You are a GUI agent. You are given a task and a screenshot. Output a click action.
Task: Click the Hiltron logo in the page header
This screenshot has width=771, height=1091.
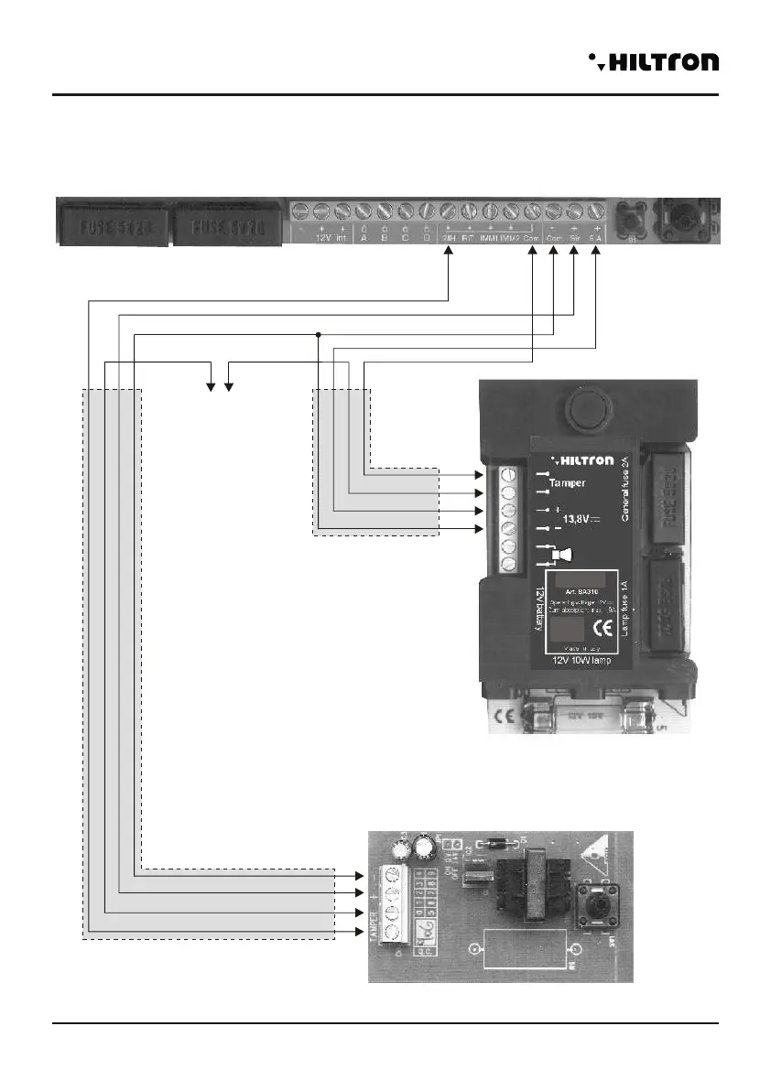[654, 61]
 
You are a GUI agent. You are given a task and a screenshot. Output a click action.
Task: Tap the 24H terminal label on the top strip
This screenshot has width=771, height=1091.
[449, 237]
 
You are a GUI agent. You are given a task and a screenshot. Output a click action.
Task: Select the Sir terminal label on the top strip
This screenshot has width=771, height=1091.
[574, 237]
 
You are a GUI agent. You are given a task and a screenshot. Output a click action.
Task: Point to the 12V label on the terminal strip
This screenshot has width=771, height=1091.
[321, 237]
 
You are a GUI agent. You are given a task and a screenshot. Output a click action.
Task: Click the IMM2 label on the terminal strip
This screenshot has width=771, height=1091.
[510, 237]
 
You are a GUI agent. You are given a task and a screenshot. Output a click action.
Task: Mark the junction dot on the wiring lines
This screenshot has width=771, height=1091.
[318, 334]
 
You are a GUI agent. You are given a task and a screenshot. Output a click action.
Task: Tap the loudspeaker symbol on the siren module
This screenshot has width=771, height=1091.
[562, 554]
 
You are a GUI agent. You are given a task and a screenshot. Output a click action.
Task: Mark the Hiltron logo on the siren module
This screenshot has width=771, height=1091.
[574, 459]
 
